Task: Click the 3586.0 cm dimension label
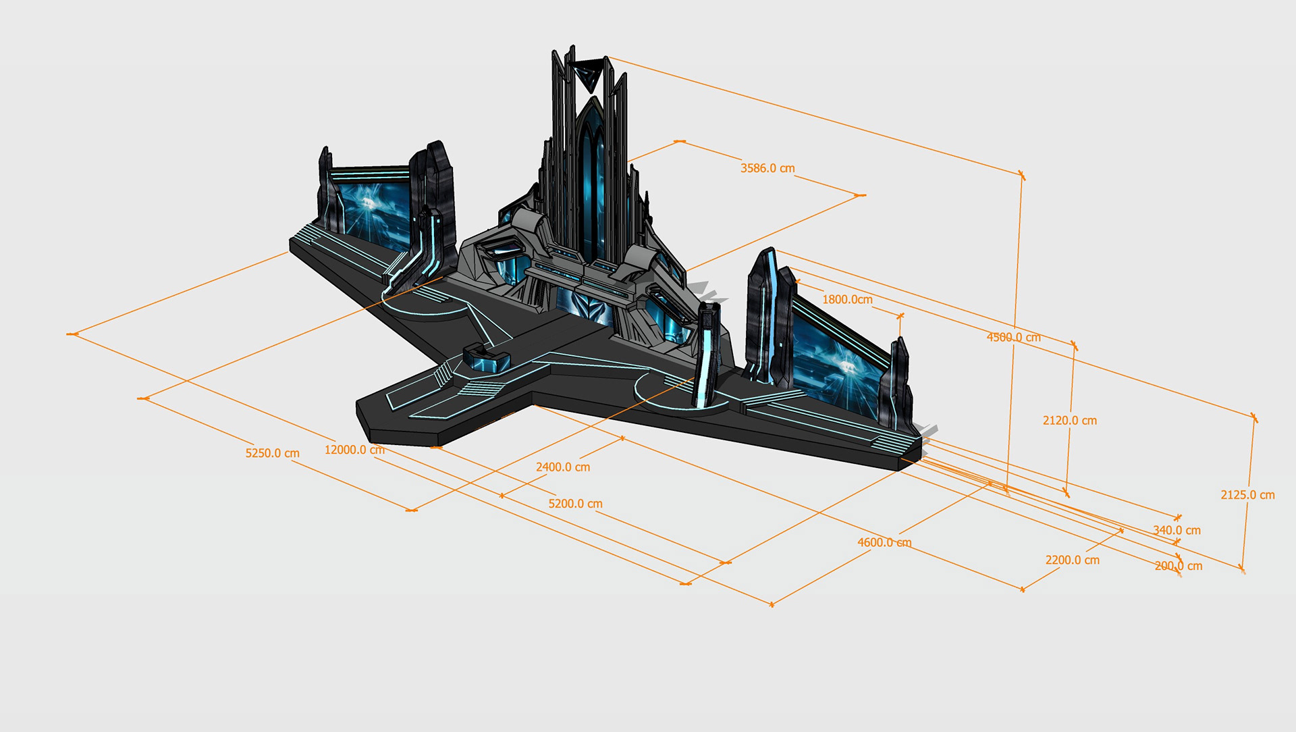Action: click(x=767, y=168)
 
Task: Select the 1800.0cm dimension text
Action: click(x=847, y=299)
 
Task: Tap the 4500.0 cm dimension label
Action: click(x=1014, y=337)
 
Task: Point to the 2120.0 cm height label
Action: click(x=1070, y=420)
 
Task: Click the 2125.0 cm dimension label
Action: click(x=1247, y=495)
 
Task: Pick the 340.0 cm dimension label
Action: click(x=1177, y=530)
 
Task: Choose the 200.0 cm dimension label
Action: click(x=1179, y=566)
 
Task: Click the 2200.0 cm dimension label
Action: click(x=1073, y=560)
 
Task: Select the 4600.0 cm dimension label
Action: click(x=884, y=542)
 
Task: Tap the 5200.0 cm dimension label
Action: click(x=575, y=504)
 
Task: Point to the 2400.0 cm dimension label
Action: click(x=563, y=467)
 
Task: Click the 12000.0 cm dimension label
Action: click(x=354, y=450)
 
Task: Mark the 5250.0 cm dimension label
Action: click(x=272, y=453)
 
